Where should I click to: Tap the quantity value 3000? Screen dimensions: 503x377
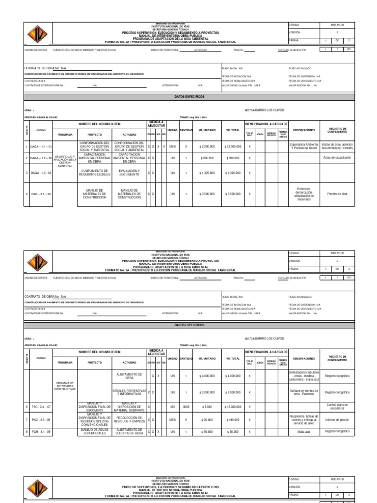(x=186, y=407)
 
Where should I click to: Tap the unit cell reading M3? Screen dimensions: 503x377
(x=172, y=407)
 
